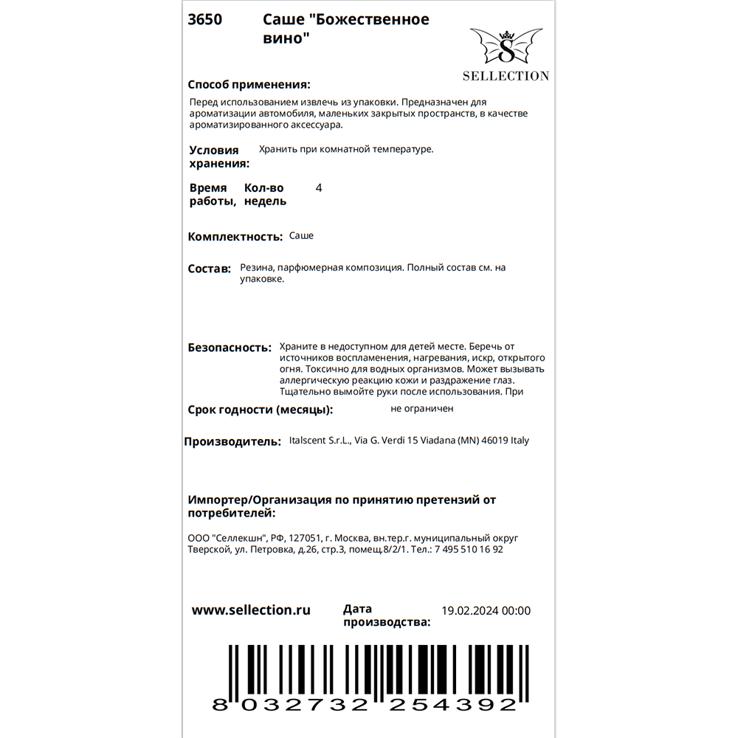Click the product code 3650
(204, 20)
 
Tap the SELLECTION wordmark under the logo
(506, 75)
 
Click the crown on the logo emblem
(506, 34)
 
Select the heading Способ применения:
(249, 84)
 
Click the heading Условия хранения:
(219, 156)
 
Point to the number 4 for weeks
(318, 188)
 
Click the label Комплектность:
(235, 237)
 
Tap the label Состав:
(210, 269)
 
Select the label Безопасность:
(230, 347)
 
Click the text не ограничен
(422, 408)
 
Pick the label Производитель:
(232, 441)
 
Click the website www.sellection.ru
(251, 610)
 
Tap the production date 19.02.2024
(469, 610)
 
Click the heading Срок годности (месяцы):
(261, 410)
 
